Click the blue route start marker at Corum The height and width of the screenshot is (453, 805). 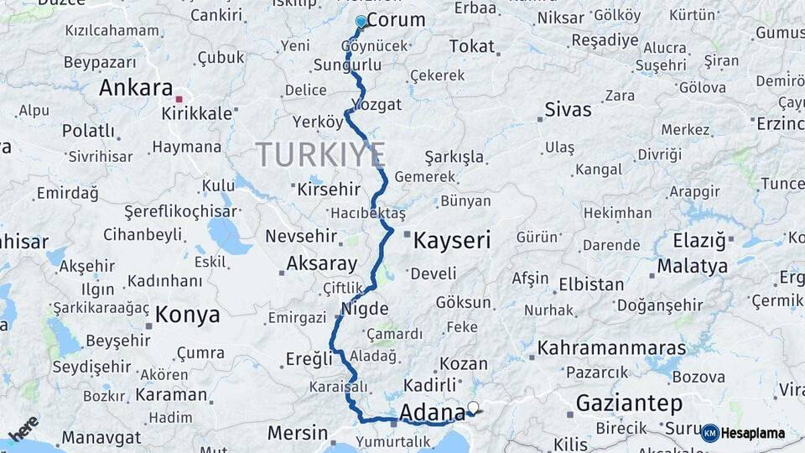click(361, 21)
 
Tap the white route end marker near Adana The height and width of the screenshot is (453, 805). click(473, 409)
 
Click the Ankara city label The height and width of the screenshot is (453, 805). click(136, 88)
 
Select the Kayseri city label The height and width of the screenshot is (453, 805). click(452, 241)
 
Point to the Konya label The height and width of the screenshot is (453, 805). click(188, 315)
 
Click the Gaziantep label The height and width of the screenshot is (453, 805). click(629, 404)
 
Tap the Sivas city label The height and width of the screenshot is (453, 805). click(568, 109)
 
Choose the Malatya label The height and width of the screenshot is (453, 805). click(693, 267)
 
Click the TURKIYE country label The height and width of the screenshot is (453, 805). click(320, 154)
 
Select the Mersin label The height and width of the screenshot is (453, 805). click(298, 433)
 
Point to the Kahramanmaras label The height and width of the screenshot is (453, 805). click(611, 347)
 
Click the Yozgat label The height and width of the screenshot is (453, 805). click(377, 105)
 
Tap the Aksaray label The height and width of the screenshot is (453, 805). click(322, 263)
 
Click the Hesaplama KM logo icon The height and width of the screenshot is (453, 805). click(710, 433)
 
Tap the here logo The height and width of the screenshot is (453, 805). click(23, 428)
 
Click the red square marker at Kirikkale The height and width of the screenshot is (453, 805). click(179, 99)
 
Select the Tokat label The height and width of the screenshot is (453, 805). click(472, 46)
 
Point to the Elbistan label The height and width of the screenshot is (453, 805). click(591, 284)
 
